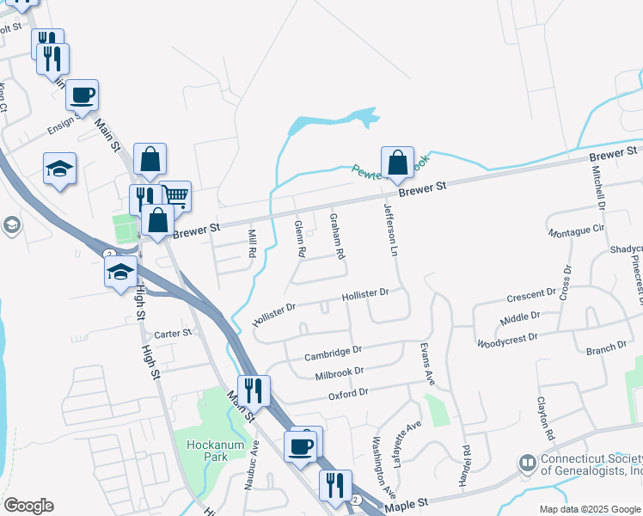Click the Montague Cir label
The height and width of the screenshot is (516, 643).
[x=576, y=231]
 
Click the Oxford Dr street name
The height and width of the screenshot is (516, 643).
[x=348, y=394]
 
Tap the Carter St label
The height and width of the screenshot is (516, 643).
[x=172, y=334]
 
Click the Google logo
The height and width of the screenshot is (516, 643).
[x=28, y=506]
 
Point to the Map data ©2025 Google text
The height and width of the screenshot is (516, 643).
[x=590, y=509]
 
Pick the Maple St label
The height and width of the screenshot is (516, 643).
[x=407, y=507]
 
